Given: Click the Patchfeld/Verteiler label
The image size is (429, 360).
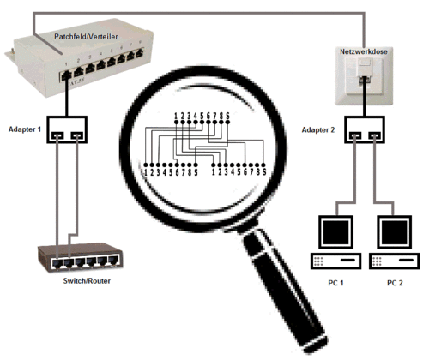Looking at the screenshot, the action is point(86,37).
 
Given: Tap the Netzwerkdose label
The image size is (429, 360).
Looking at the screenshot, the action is point(364,51).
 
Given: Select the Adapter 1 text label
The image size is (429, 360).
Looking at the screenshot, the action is point(25,129).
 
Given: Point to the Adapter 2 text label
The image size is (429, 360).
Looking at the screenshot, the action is point(318,130).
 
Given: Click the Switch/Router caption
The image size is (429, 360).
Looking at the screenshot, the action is point(87,281).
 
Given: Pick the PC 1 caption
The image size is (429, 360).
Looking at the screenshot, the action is point(335,283).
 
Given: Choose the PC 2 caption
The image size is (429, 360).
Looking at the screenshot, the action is point(395,283).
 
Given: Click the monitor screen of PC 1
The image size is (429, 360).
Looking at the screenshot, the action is point(335,232).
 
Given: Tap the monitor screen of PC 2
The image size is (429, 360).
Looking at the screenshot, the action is point(395,232).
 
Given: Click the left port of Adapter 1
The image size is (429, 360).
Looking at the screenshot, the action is point(57,135).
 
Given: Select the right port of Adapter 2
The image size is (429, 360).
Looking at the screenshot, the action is point(375,135).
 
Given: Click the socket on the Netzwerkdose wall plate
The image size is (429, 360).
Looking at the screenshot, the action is point(365,78).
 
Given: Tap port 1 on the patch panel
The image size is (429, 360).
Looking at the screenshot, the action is point(66,75).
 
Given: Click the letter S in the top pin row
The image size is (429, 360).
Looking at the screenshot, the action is point(227,116).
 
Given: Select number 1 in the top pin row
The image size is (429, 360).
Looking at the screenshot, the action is point(176,116).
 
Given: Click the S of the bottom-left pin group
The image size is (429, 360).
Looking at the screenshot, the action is point(196,172).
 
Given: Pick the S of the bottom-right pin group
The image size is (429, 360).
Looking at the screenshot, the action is point(264,171).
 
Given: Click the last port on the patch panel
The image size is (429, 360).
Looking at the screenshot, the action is point(140,53).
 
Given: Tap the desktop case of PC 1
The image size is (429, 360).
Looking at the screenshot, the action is point(335,261).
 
